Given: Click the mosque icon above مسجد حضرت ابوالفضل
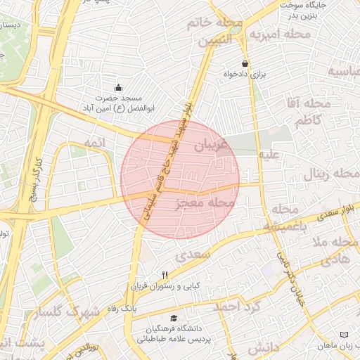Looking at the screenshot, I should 118,89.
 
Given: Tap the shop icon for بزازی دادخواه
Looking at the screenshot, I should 245,63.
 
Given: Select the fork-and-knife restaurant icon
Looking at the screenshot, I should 165,275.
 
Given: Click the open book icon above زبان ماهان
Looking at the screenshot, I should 343,335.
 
